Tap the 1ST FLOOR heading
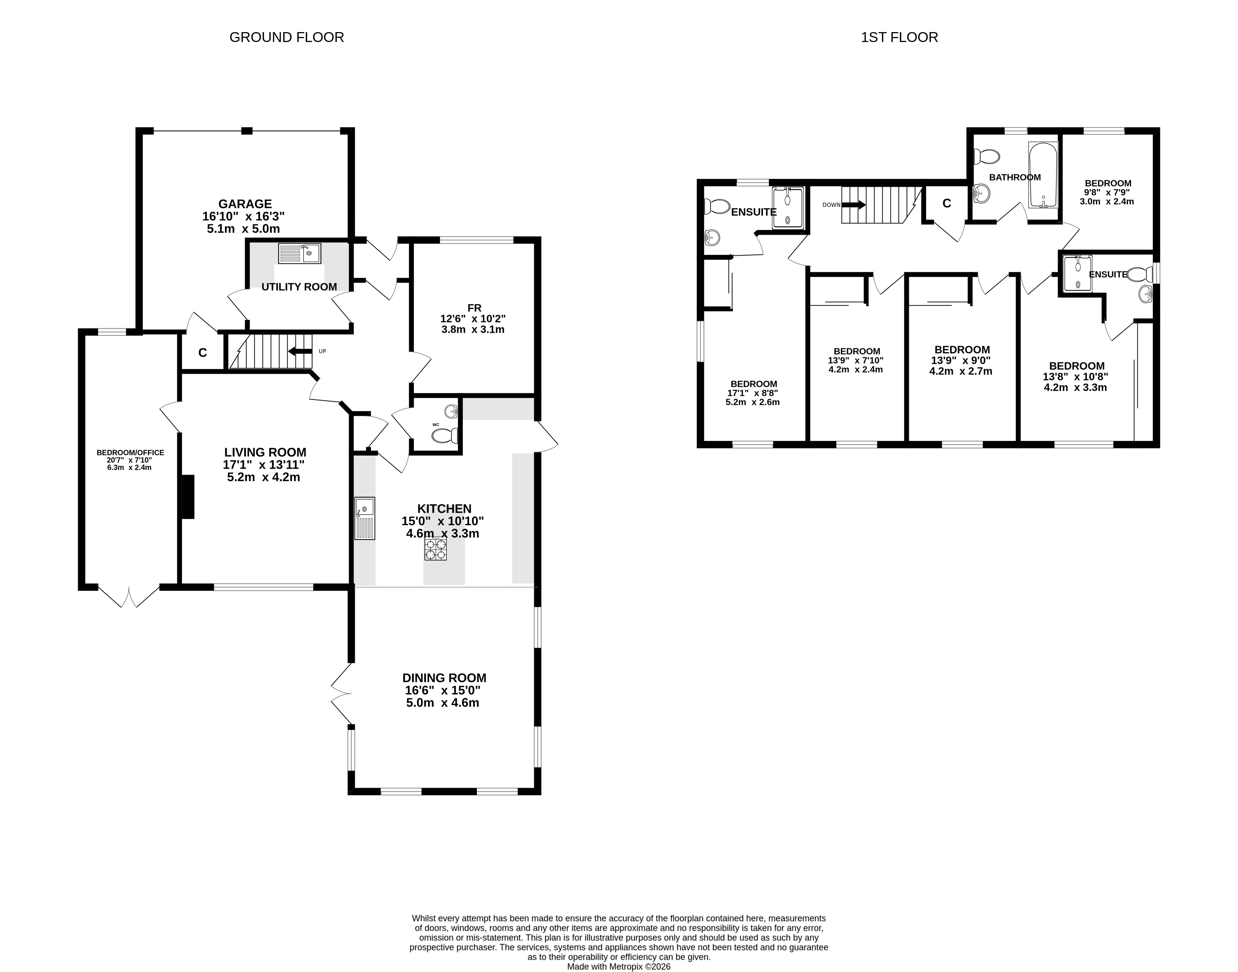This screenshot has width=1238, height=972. (x=899, y=37)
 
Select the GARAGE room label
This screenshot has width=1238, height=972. (x=245, y=204)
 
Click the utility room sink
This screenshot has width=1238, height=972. (x=299, y=253)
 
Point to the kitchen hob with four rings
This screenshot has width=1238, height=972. (x=435, y=548)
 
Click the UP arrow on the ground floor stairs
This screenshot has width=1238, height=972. (x=300, y=351)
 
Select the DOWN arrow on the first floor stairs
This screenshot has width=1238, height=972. (x=854, y=204)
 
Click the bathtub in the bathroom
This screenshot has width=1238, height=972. (x=1043, y=175)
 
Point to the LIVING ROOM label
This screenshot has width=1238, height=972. (x=265, y=452)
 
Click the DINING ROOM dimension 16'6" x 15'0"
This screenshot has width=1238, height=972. (x=443, y=690)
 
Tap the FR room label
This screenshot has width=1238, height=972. (x=474, y=308)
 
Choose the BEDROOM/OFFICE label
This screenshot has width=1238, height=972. (x=130, y=453)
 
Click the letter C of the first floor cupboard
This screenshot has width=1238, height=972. (x=946, y=203)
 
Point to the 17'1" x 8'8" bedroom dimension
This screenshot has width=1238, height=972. (x=753, y=393)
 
